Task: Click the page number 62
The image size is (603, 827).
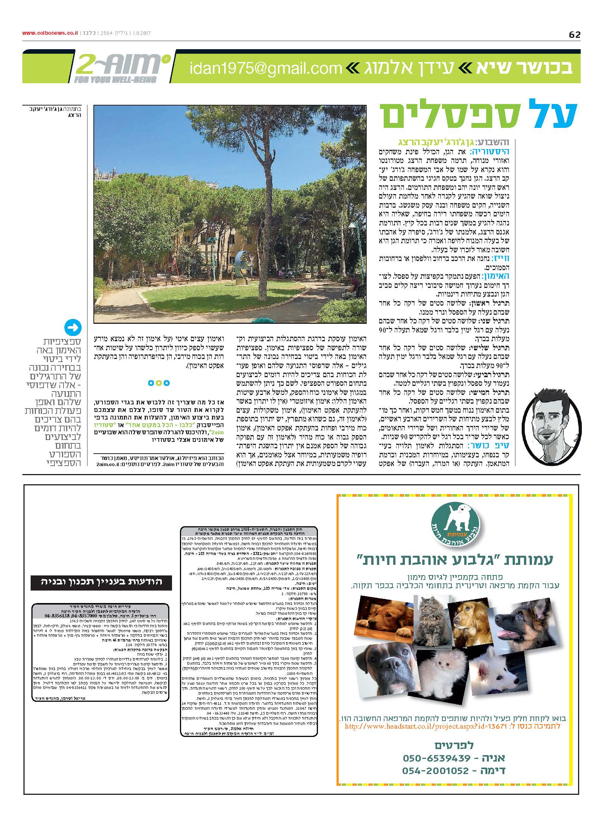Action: [574, 35]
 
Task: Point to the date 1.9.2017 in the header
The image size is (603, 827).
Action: [141, 33]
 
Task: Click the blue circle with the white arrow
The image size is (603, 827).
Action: [73, 328]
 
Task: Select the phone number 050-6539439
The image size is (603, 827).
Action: [437, 757]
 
